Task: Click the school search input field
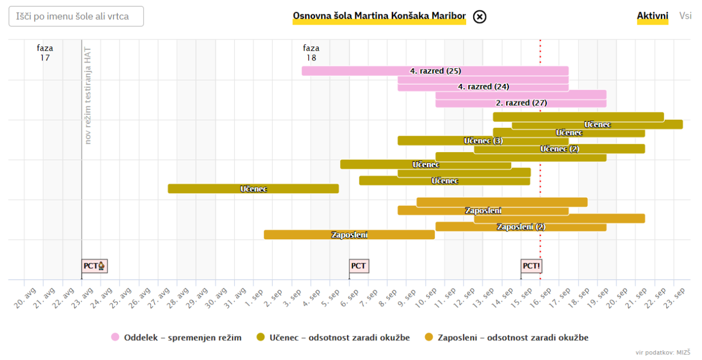(x=76, y=16)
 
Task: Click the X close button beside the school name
(x=479, y=16)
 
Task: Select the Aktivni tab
(x=652, y=16)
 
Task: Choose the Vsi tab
(x=685, y=16)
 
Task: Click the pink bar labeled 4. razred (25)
(x=435, y=71)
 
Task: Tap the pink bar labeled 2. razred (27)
(x=521, y=103)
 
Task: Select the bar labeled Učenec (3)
(x=483, y=141)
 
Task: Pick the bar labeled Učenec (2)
(x=559, y=149)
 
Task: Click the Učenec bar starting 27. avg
(x=253, y=189)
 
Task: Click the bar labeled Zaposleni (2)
(x=521, y=227)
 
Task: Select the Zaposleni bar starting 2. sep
(x=349, y=235)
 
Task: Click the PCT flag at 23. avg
(x=94, y=266)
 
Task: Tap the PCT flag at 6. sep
(x=358, y=266)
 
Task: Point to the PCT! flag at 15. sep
(x=531, y=266)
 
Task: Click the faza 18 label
(x=311, y=53)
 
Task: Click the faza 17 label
(x=45, y=53)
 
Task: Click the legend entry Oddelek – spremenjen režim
(x=176, y=337)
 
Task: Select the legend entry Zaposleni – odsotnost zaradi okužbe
(x=506, y=337)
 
